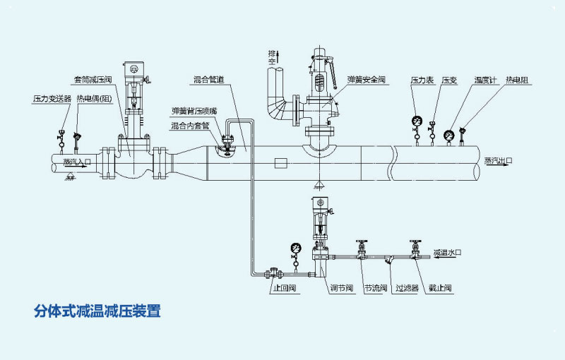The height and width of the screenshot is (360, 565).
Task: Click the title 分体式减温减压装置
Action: coord(97,311)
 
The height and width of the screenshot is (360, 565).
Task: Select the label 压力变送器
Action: coord(52,98)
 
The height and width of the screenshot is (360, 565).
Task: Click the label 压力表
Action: coord(422,80)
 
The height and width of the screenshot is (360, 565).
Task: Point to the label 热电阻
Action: coord(518,80)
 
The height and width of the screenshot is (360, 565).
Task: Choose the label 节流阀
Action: coord(375,288)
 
